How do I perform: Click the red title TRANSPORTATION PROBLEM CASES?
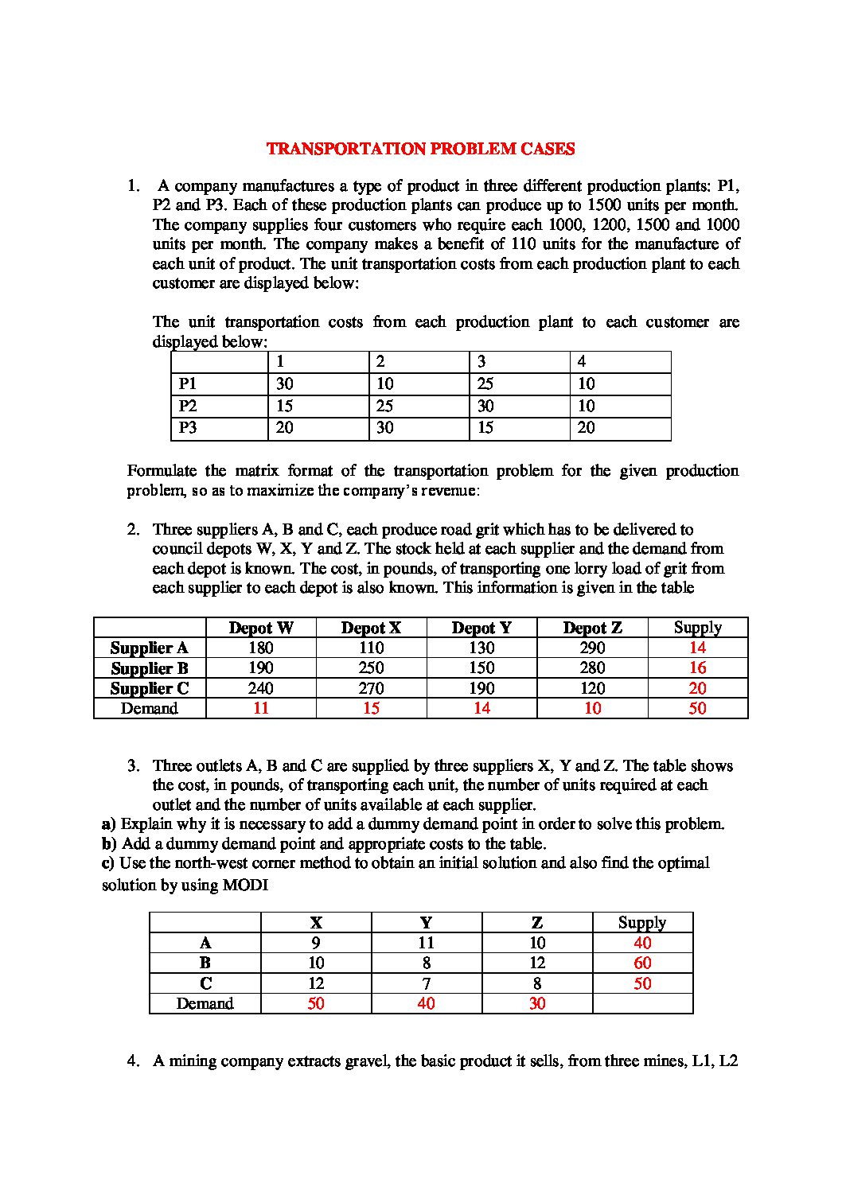click(x=420, y=149)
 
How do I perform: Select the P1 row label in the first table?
click(x=188, y=383)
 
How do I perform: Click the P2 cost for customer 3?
click(x=485, y=406)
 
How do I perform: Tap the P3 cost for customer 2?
click(x=385, y=427)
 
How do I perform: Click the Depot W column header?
click(x=261, y=628)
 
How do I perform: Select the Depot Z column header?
click(x=592, y=628)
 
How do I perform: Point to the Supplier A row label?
click(x=150, y=648)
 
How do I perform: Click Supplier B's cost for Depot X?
click(x=371, y=668)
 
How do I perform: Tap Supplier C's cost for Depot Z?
click(x=592, y=688)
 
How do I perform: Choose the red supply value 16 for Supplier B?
click(x=697, y=668)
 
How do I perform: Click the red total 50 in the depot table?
click(x=697, y=708)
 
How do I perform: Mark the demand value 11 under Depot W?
click(x=261, y=708)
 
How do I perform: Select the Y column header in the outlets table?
click(x=426, y=923)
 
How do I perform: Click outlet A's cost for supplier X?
click(x=316, y=943)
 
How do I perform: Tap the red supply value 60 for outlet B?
click(x=642, y=963)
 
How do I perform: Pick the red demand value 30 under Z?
click(x=537, y=1003)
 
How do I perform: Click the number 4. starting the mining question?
click(x=134, y=1061)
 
